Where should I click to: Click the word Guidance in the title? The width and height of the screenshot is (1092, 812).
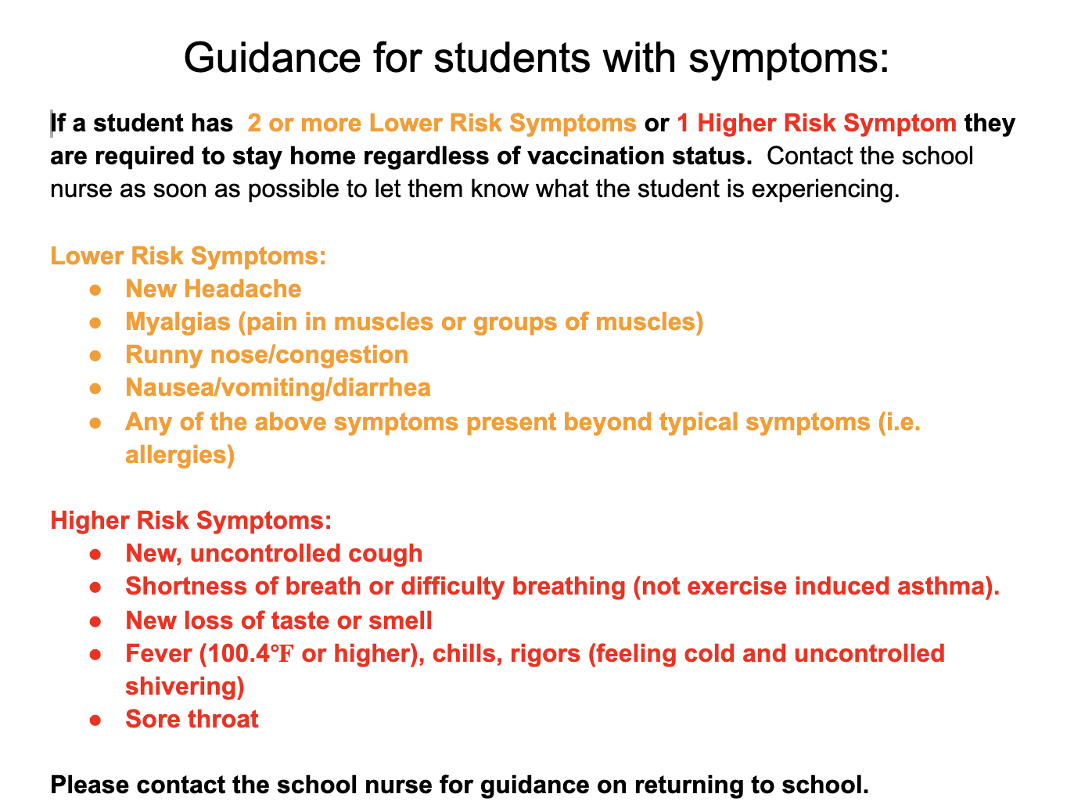[272, 58]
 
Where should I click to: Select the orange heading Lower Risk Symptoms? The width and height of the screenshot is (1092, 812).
[188, 257]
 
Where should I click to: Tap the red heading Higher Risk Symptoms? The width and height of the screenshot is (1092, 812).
[191, 521]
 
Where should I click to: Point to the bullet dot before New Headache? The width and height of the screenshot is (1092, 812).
[95, 290]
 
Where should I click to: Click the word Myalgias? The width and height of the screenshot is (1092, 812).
[178, 323]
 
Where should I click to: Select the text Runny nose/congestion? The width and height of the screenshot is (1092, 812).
[267, 355]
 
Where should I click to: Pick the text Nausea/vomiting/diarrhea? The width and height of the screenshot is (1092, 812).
[278, 388]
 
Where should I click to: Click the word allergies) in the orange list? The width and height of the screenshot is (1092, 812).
[180, 455]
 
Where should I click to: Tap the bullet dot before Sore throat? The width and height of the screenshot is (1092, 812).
[95, 720]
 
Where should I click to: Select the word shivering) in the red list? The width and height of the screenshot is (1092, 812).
[185, 688]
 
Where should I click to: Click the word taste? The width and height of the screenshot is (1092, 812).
[298, 621]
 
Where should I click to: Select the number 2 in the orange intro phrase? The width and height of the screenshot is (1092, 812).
[254, 123]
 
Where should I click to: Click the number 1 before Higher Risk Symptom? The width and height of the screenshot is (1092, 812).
[683, 123]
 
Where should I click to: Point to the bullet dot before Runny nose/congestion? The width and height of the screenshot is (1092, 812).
[95, 356]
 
